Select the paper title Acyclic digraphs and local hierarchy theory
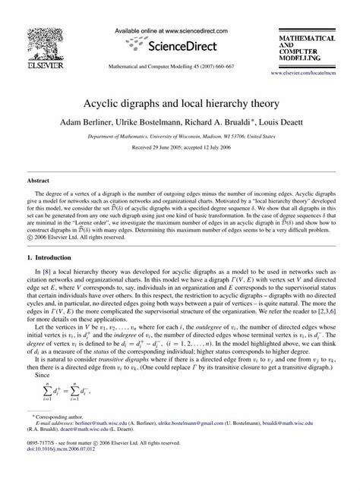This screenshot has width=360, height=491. [x=180, y=101]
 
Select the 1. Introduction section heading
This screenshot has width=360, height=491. [x=51, y=258]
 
